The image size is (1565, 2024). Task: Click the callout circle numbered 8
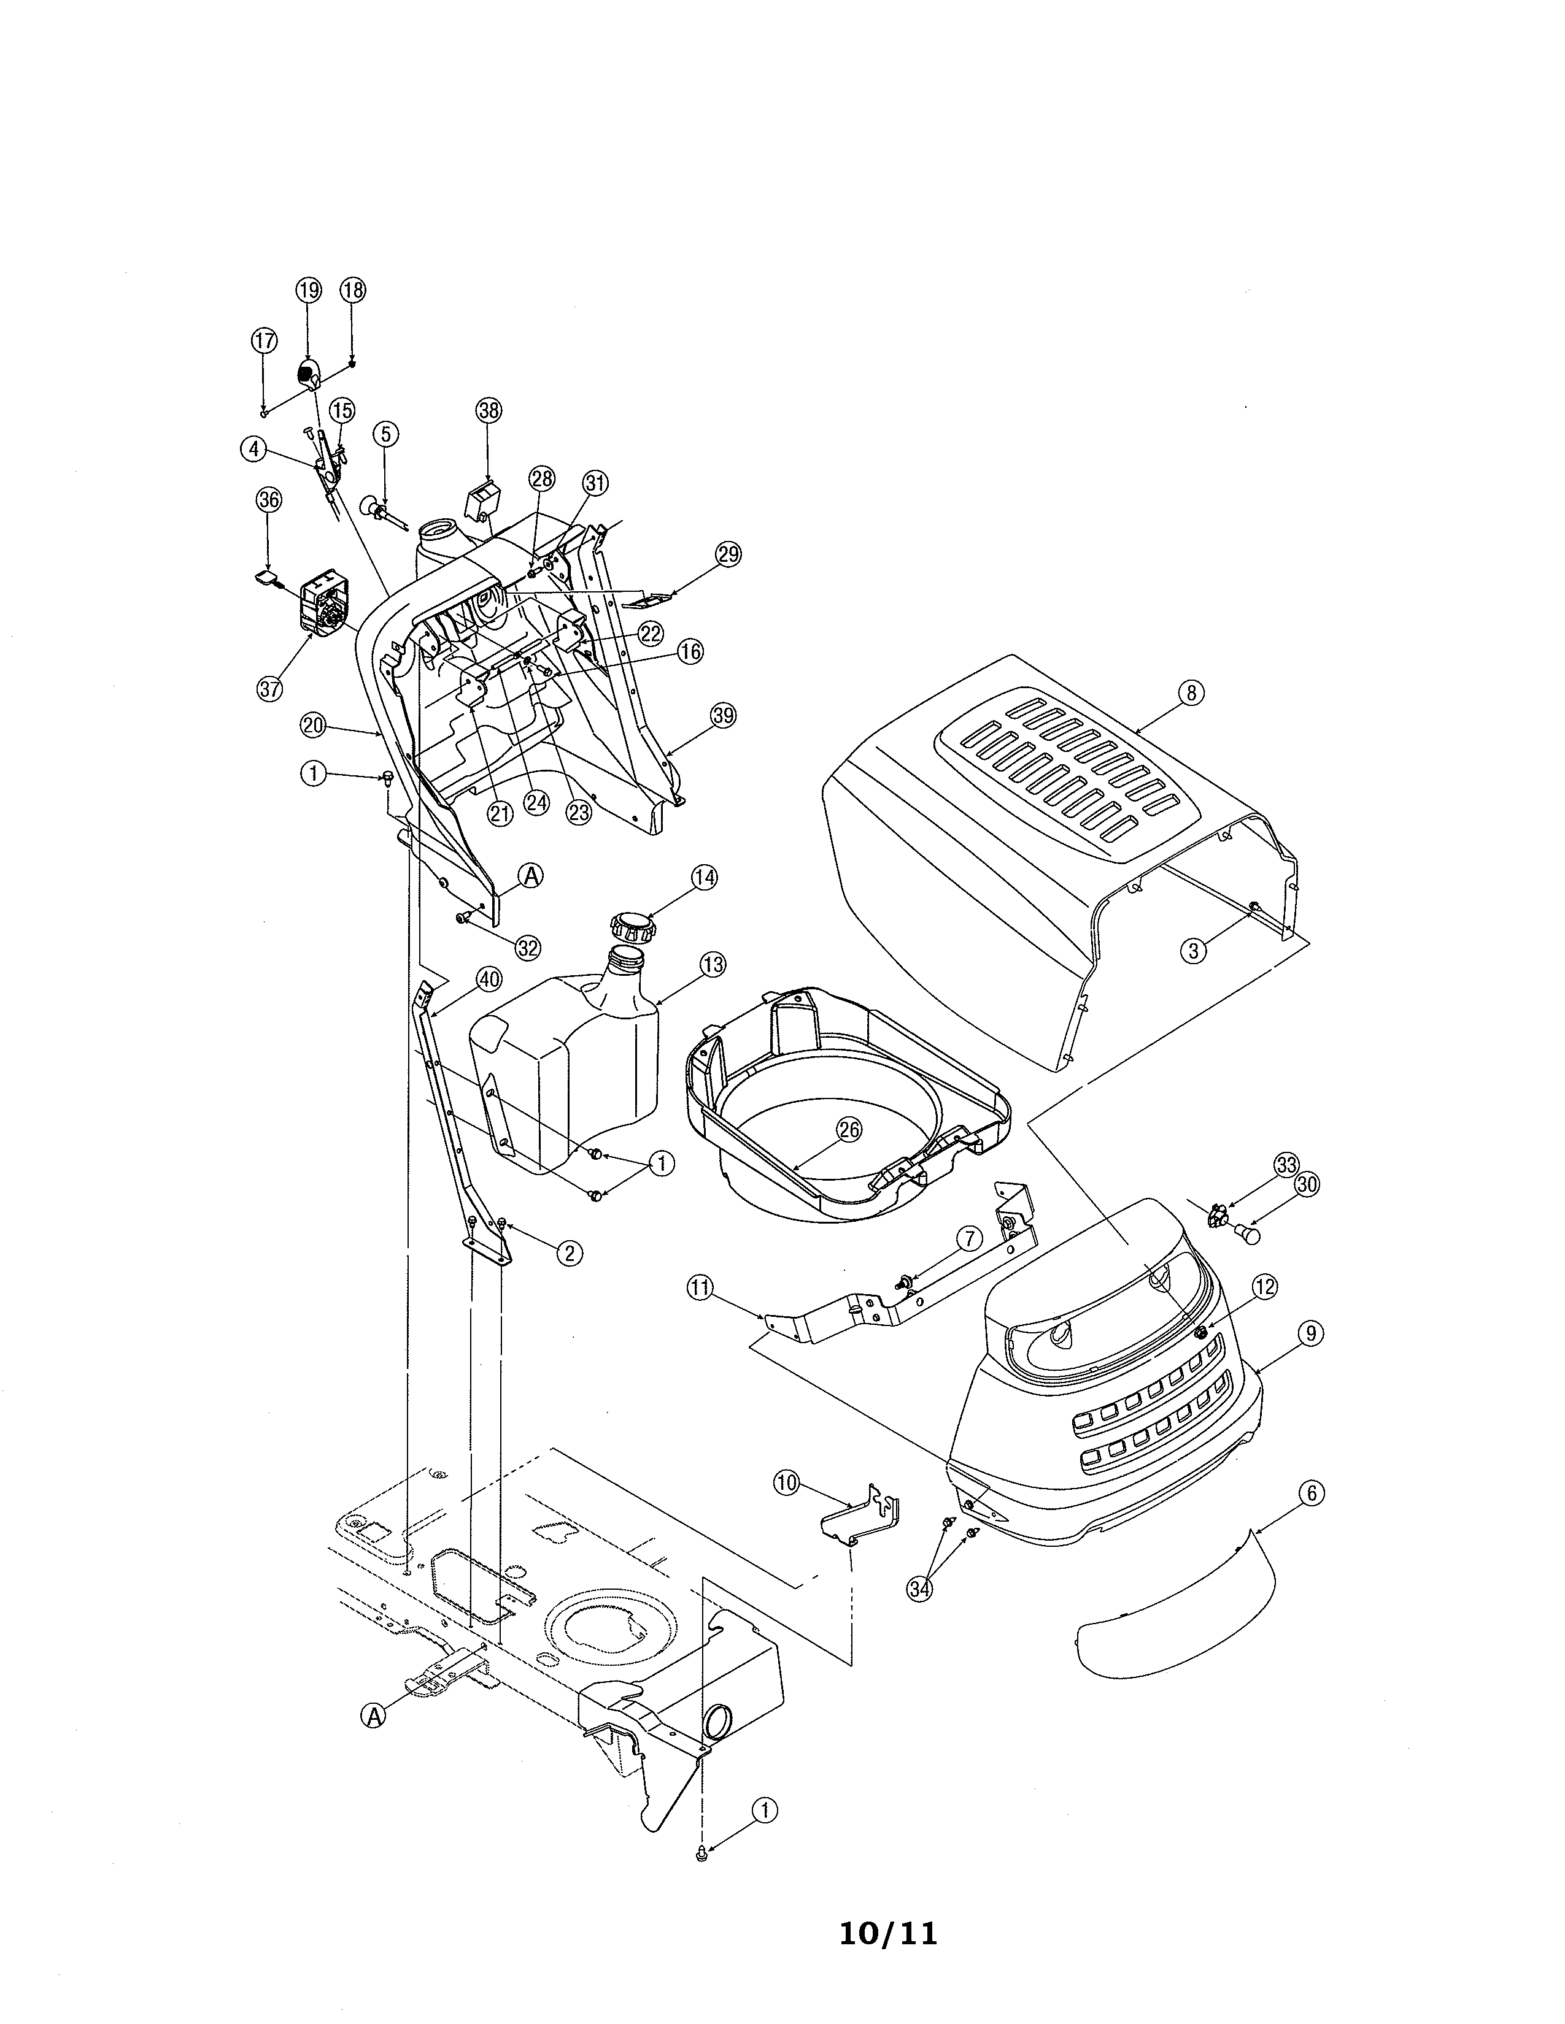click(1191, 692)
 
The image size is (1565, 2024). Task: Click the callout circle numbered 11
click(701, 1286)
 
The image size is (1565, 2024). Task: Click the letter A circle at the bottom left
click(373, 1716)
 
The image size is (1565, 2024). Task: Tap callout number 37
click(270, 689)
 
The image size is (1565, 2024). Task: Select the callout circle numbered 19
click(309, 290)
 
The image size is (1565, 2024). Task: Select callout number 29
click(728, 554)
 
